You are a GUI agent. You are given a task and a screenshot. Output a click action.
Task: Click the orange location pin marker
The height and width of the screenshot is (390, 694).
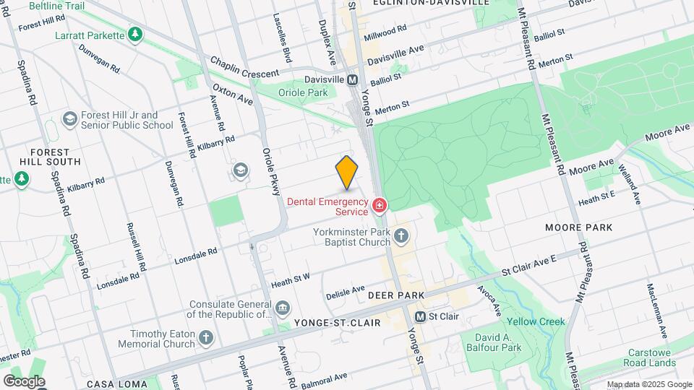(347, 172)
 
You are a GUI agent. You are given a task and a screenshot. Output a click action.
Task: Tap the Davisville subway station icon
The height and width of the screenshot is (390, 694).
(353, 79)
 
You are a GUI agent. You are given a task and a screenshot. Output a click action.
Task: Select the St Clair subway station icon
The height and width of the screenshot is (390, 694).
(420, 317)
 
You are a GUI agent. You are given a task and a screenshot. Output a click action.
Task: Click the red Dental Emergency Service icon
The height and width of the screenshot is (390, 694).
(378, 207)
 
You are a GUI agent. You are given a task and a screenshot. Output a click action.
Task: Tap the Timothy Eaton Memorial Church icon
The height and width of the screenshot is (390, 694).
(206, 337)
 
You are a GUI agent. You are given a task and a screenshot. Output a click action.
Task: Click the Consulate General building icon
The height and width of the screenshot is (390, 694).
(283, 309)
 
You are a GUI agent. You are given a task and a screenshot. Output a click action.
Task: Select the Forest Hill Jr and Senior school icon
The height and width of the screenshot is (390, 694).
(70, 118)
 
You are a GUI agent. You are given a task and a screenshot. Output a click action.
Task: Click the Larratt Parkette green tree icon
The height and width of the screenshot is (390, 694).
(134, 34)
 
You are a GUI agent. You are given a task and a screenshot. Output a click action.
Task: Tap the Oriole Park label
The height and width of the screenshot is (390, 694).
(302, 92)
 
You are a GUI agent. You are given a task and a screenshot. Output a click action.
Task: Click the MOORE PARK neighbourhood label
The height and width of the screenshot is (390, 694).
(579, 227)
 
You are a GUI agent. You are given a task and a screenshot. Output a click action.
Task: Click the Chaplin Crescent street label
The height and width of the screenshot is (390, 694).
(244, 74)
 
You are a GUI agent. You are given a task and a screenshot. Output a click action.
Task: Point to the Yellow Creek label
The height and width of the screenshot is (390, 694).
(536, 321)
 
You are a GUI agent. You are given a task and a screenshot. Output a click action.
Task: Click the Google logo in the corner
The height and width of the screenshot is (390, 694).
(24, 381)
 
